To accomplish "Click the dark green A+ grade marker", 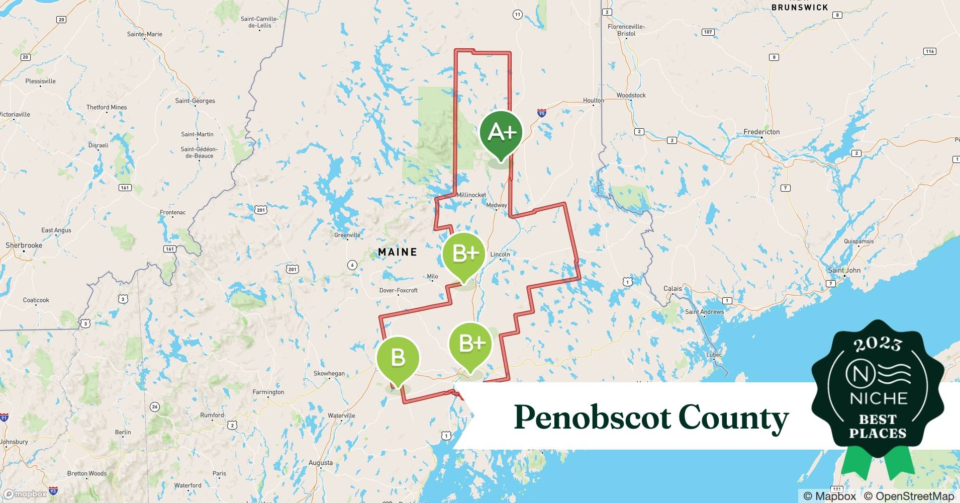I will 501,132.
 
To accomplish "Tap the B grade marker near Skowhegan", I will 398,358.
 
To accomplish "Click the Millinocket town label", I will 471,195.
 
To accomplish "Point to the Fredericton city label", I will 761,132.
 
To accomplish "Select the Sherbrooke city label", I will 24,245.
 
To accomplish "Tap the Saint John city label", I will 844,270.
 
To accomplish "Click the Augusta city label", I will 321,463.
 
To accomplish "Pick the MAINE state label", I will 398,252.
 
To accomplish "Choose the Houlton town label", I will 593,101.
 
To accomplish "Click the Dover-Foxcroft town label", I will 398,290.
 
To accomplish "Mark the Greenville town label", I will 347,235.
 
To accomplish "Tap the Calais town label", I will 673,289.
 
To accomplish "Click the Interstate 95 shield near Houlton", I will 541,113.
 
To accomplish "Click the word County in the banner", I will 733,418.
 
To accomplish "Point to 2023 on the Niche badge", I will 878,344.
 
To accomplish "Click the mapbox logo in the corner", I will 25,494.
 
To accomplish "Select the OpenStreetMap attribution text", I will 909,496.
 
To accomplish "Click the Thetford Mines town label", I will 107,107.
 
